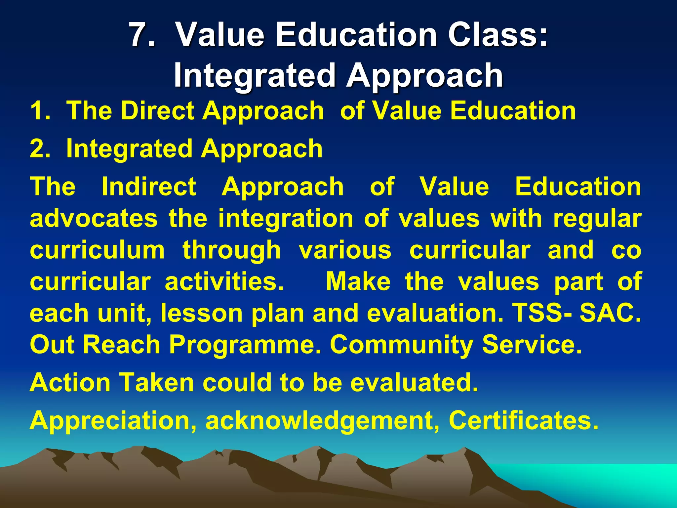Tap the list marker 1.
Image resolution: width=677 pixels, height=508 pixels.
40,111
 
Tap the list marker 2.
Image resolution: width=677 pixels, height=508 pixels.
40,149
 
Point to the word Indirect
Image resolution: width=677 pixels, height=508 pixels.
149,187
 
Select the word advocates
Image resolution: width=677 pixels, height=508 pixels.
94,219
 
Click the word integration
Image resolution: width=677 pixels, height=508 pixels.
286,219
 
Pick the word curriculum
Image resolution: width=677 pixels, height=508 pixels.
97,250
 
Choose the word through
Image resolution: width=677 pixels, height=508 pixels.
232,250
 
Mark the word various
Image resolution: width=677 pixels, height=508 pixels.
345,250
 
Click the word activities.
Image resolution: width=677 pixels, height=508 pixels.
224,282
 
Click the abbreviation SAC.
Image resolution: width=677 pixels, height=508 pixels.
610,314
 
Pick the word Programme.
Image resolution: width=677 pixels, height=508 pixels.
245,345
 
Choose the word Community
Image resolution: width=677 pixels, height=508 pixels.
402,345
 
